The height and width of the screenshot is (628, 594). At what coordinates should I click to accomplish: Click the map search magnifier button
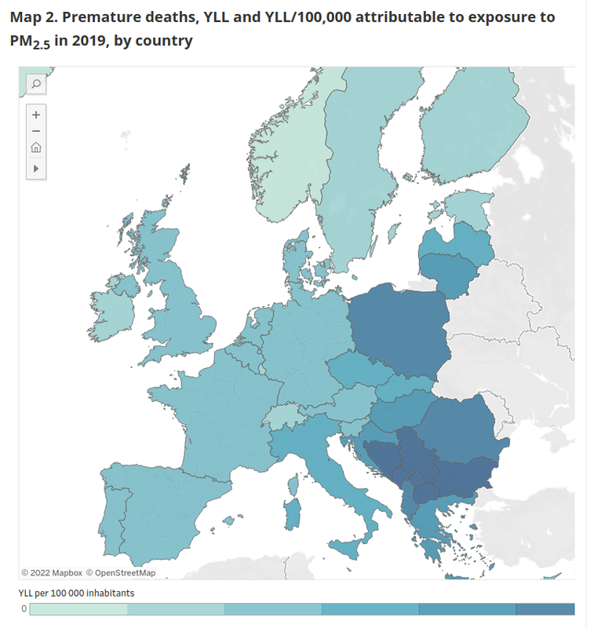(x=36, y=83)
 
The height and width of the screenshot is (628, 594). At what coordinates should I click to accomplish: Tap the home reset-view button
(x=36, y=148)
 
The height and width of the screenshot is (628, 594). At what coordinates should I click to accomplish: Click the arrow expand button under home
(x=36, y=168)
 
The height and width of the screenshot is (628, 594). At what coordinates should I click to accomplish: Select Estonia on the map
(x=466, y=210)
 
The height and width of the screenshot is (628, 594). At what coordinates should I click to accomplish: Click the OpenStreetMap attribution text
(x=121, y=572)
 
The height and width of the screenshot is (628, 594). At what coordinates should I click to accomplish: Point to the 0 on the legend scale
(x=24, y=609)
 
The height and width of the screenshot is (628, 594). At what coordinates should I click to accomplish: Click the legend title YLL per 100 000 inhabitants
(x=76, y=593)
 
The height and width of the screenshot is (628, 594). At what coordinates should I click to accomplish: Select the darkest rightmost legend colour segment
(x=545, y=609)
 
